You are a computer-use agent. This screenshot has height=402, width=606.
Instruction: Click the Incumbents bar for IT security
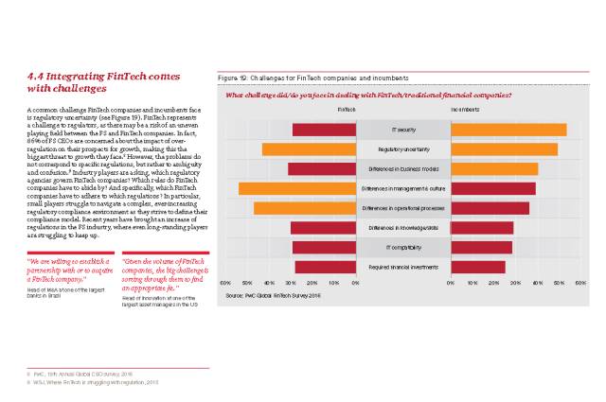point(508,130)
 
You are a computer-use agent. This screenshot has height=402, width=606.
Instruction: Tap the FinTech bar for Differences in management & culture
point(297,188)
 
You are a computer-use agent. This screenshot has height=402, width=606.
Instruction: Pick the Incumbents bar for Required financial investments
point(477,267)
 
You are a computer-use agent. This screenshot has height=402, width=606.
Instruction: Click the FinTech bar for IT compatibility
point(324,247)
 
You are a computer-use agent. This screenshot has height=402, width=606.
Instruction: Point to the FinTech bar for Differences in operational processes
point(305,208)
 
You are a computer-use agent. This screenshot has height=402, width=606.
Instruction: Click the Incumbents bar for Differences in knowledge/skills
point(481,228)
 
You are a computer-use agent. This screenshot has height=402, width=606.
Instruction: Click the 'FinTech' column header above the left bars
point(347,109)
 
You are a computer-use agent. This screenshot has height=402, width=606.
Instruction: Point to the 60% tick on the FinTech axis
point(225,283)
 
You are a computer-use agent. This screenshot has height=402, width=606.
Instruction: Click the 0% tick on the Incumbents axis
point(451,283)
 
